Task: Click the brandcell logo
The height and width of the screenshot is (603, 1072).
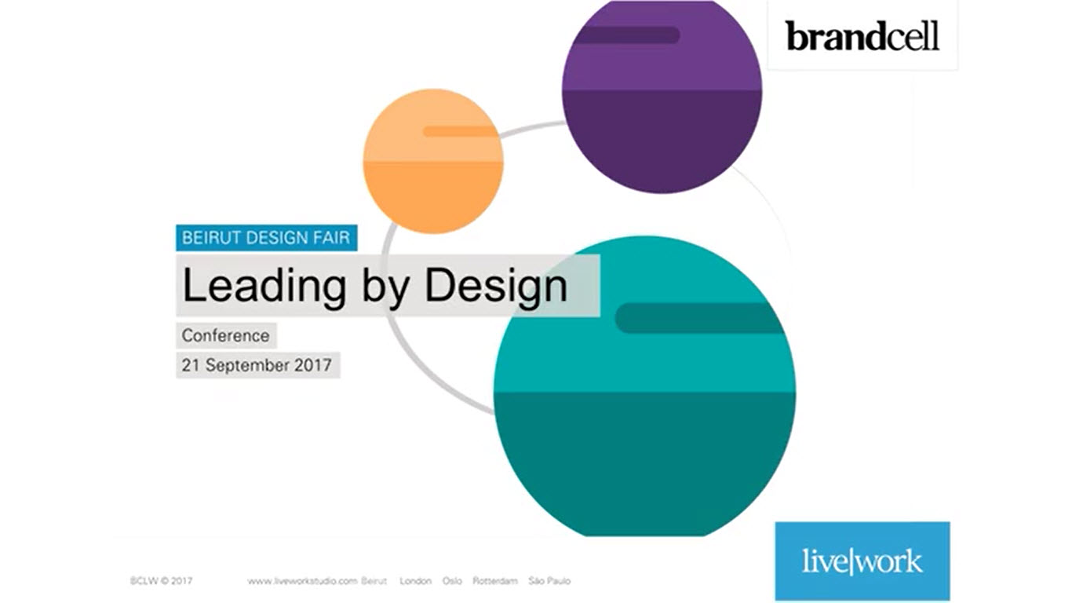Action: click(x=862, y=36)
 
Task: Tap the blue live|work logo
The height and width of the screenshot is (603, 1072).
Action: click(x=862, y=561)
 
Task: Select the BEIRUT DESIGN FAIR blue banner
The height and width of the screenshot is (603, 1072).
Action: click(x=267, y=238)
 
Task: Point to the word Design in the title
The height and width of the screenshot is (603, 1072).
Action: click(x=496, y=287)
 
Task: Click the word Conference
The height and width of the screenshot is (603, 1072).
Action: click(x=226, y=336)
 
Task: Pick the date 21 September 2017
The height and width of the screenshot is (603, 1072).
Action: click(x=257, y=365)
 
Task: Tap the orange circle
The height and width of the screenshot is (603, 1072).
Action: click(x=433, y=162)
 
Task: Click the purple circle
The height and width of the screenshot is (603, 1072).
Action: click(x=662, y=96)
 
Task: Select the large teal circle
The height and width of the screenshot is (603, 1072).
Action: click(x=644, y=386)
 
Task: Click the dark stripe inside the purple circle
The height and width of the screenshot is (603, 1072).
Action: click(x=626, y=35)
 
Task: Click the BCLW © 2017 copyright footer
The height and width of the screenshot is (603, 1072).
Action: click(x=162, y=581)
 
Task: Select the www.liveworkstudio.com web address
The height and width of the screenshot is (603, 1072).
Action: click(x=302, y=582)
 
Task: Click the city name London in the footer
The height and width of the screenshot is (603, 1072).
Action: click(x=415, y=581)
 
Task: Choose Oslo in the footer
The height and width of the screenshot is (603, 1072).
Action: click(x=452, y=581)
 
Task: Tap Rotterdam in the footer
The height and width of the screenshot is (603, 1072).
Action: click(x=495, y=581)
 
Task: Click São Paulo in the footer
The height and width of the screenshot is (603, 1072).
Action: click(x=549, y=581)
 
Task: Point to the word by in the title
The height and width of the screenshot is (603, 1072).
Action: click(x=385, y=287)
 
